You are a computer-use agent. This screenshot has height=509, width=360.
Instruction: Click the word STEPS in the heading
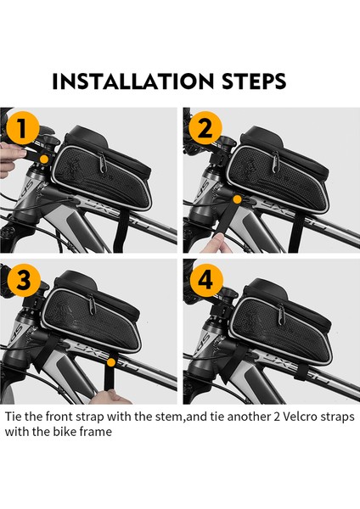click(254, 81)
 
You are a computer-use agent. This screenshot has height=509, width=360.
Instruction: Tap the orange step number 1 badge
click(22, 128)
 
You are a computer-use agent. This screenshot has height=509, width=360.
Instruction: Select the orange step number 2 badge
click(205, 128)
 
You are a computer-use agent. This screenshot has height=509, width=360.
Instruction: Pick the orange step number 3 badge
click(24, 280)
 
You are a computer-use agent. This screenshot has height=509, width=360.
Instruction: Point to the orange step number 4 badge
click(206, 280)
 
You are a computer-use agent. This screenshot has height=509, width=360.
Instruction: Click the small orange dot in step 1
click(44, 159)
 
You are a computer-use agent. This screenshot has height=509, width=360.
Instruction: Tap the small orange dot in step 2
click(238, 199)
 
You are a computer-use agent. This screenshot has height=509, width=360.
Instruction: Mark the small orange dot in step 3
click(111, 362)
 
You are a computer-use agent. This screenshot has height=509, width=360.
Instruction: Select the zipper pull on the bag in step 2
click(276, 162)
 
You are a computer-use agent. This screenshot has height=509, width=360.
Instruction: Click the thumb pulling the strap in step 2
click(216, 243)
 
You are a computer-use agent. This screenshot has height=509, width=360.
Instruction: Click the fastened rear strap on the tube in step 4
click(301, 372)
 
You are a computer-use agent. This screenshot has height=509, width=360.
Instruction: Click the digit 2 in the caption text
click(276, 417)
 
